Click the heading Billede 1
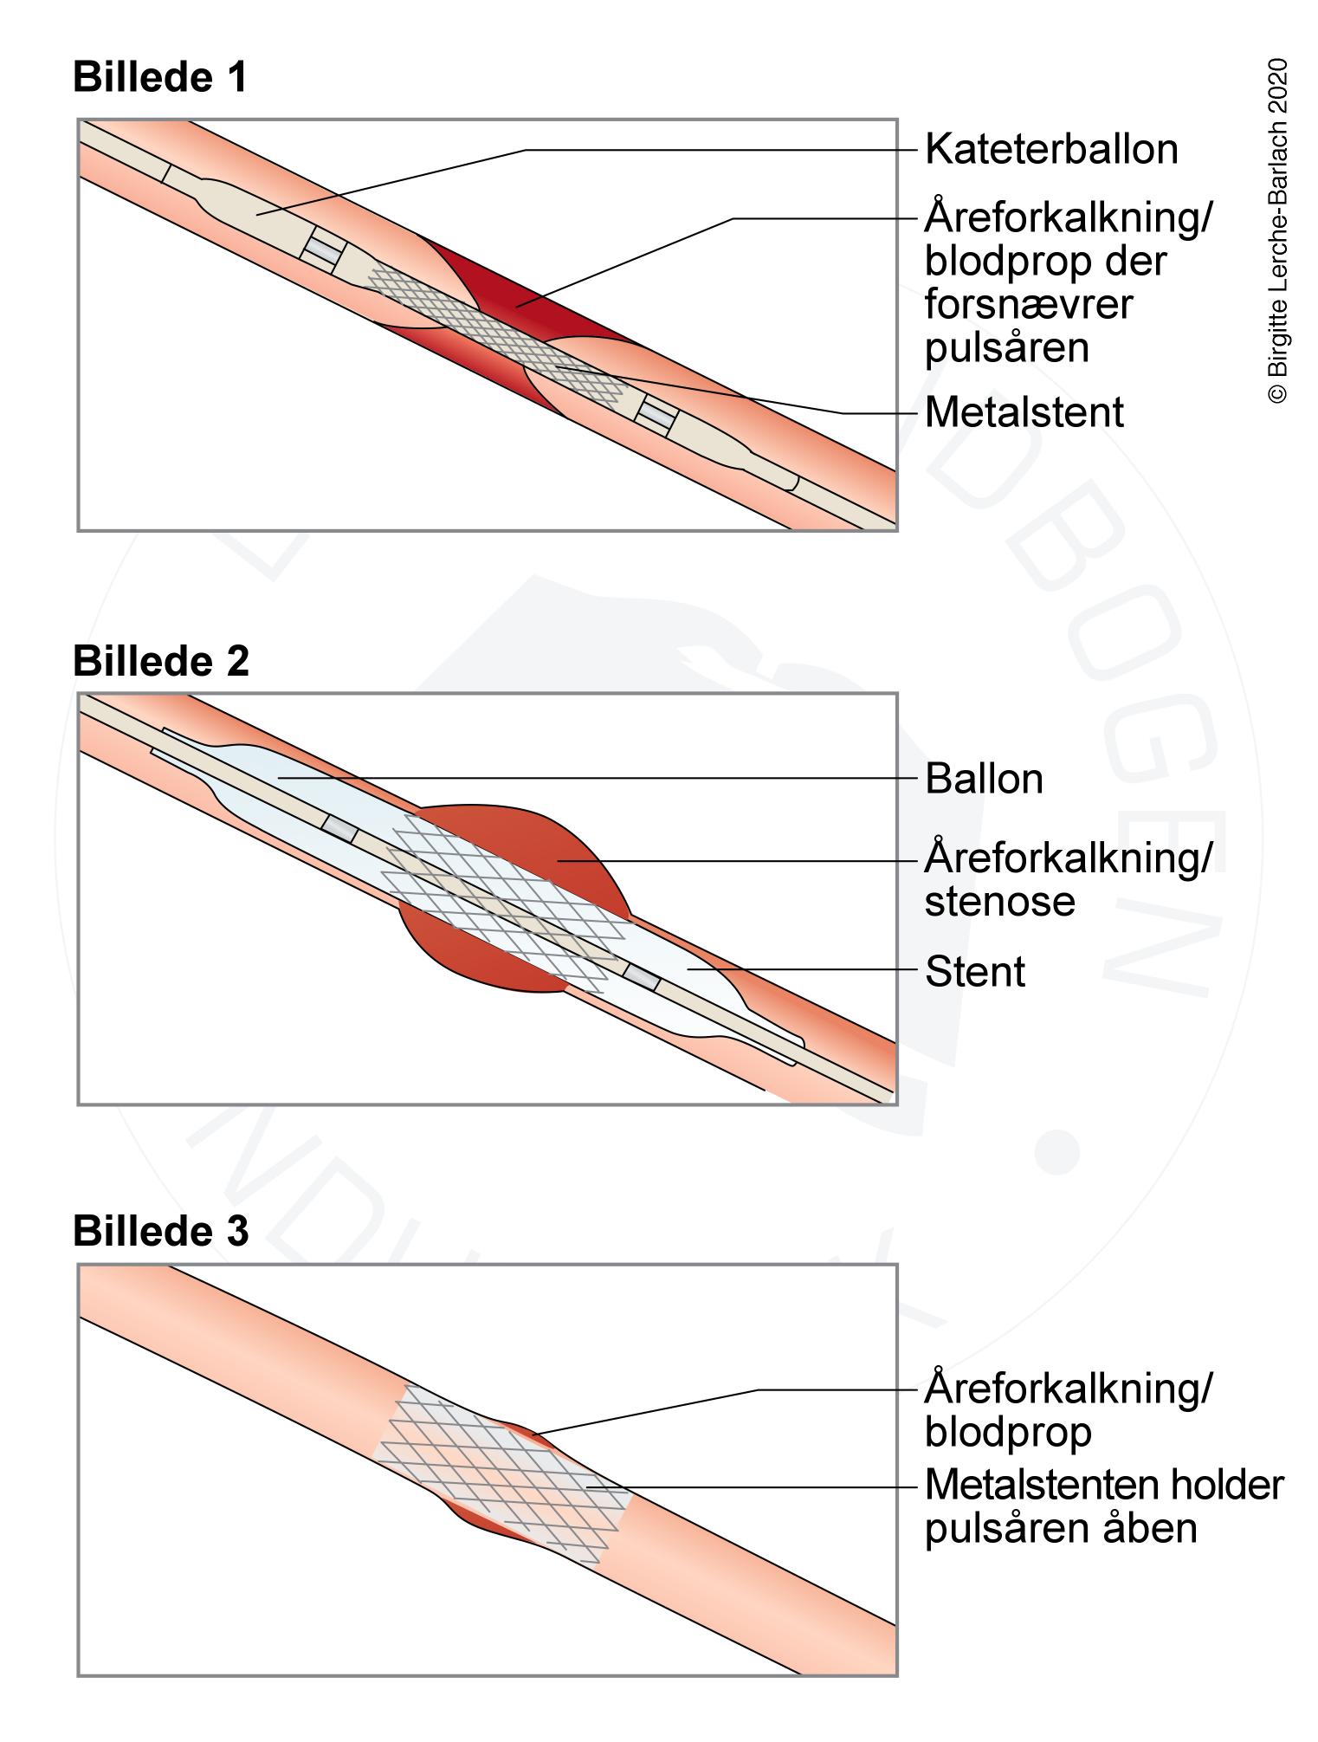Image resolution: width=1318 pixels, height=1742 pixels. tap(159, 78)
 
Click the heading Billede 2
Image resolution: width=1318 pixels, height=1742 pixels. tap(160, 661)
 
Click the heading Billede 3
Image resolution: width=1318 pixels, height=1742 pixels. tap(160, 1231)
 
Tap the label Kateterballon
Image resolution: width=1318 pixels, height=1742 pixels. tap(1050, 150)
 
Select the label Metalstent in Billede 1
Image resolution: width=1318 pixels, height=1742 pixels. tap(1024, 412)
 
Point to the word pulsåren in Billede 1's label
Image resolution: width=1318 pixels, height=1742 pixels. tap(1006, 348)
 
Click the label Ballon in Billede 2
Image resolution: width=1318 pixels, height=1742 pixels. tap(984, 779)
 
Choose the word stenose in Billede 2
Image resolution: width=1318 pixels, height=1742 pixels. tap(999, 902)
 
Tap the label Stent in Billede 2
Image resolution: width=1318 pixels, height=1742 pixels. tap(974, 972)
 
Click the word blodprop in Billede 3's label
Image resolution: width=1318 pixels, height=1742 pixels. tap(1007, 1432)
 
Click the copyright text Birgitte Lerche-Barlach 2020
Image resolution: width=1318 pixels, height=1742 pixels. tap(1277, 230)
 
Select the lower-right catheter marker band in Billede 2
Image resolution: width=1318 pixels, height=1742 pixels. tap(642, 976)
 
